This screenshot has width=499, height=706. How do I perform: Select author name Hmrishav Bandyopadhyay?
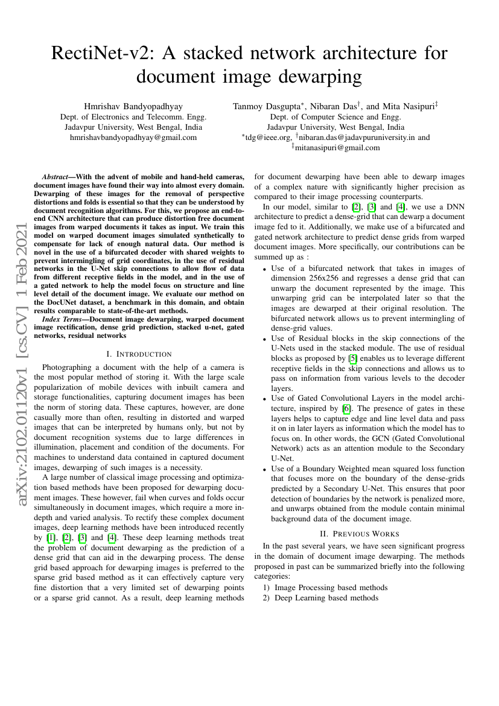(133, 106)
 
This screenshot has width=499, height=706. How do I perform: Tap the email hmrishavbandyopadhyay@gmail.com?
(133, 138)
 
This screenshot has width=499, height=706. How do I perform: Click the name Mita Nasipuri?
(414, 106)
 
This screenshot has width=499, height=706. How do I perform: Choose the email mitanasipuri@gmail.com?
(338, 147)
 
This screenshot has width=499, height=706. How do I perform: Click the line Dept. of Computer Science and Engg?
(335, 117)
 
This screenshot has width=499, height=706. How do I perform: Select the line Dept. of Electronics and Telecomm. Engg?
(133, 117)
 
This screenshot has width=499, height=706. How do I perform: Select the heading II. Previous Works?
(359, 533)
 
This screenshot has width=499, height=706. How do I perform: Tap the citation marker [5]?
(352, 357)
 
